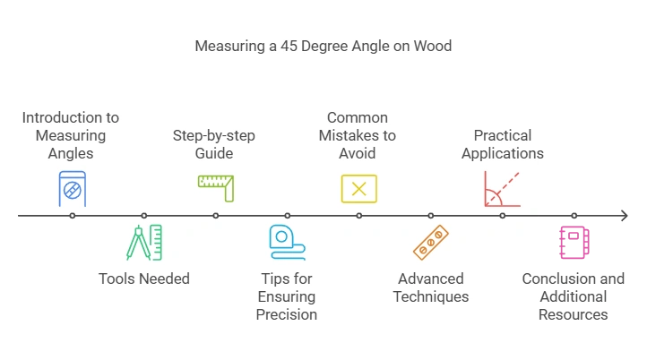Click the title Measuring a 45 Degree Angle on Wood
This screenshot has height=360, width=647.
click(x=323, y=46)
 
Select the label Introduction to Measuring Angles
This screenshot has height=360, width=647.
click(x=71, y=135)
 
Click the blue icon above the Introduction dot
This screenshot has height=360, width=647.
click(x=72, y=188)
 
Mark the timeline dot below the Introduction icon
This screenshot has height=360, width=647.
click(x=72, y=216)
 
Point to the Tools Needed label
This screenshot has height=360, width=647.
click(x=144, y=279)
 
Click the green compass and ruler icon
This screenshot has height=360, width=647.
click(x=144, y=243)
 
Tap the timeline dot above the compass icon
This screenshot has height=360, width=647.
click(x=144, y=216)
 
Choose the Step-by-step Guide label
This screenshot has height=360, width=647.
click(x=214, y=144)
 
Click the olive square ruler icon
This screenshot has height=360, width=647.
click(x=215, y=188)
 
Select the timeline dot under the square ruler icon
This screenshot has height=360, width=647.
click(x=216, y=216)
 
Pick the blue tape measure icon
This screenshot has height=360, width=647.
click(x=287, y=243)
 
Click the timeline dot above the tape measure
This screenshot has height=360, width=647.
click(x=288, y=216)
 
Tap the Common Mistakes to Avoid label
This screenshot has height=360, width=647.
click(x=358, y=135)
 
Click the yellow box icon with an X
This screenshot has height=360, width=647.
click(x=358, y=189)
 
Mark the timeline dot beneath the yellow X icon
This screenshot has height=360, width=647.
click(x=359, y=216)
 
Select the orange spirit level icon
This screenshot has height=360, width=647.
click(x=431, y=243)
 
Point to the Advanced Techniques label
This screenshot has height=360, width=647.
click(x=431, y=287)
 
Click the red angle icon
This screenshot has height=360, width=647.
click(x=502, y=189)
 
